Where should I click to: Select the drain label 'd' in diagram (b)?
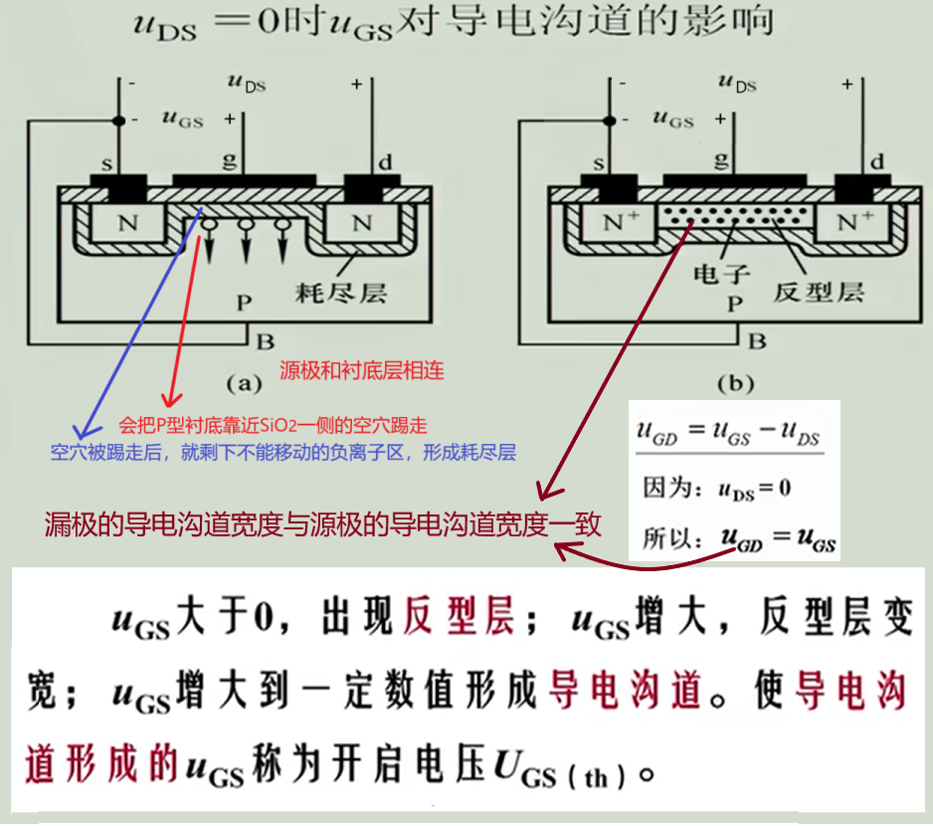click(x=875, y=161)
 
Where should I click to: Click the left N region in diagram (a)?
click(x=127, y=224)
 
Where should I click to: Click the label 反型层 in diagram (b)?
click(x=818, y=293)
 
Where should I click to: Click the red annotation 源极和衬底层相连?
click(x=361, y=371)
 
